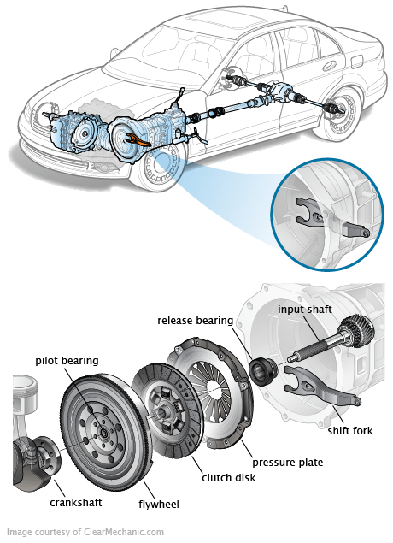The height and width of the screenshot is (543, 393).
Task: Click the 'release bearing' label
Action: [x=195, y=321]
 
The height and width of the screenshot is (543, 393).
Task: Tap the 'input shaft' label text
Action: [x=305, y=310]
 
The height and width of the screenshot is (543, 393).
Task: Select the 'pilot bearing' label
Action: [x=67, y=361]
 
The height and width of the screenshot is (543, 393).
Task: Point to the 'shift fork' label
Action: [x=350, y=431]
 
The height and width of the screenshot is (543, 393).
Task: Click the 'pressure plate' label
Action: [x=287, y=463]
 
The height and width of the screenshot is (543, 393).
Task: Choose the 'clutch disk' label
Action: [x=229, y=478]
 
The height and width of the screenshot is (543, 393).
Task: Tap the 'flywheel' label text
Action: [x=159, y=505]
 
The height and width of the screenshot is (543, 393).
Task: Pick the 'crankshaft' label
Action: [x=76, y=503]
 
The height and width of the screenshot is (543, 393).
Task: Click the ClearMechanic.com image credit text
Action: [x=85, y=532]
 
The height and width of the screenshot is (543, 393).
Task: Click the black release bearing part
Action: [x=263, y=371]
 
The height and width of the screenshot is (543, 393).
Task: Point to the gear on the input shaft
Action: [x=356, y=330]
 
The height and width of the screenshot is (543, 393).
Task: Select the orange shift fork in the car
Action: [x=138, y=139]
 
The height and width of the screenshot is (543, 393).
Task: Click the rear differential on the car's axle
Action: [x=281, y=91]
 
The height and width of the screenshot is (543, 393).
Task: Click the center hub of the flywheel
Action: [x=103, y=432]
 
